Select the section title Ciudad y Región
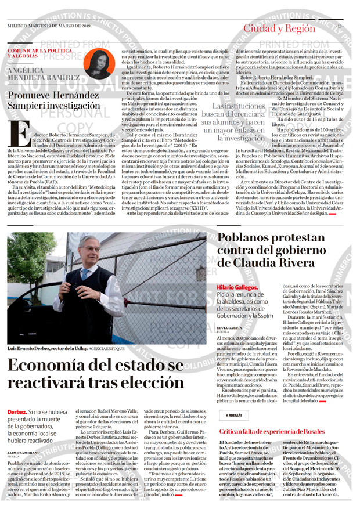tap(279, 28)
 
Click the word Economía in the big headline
tap(48, 367)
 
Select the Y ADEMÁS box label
tap(235, 416)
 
